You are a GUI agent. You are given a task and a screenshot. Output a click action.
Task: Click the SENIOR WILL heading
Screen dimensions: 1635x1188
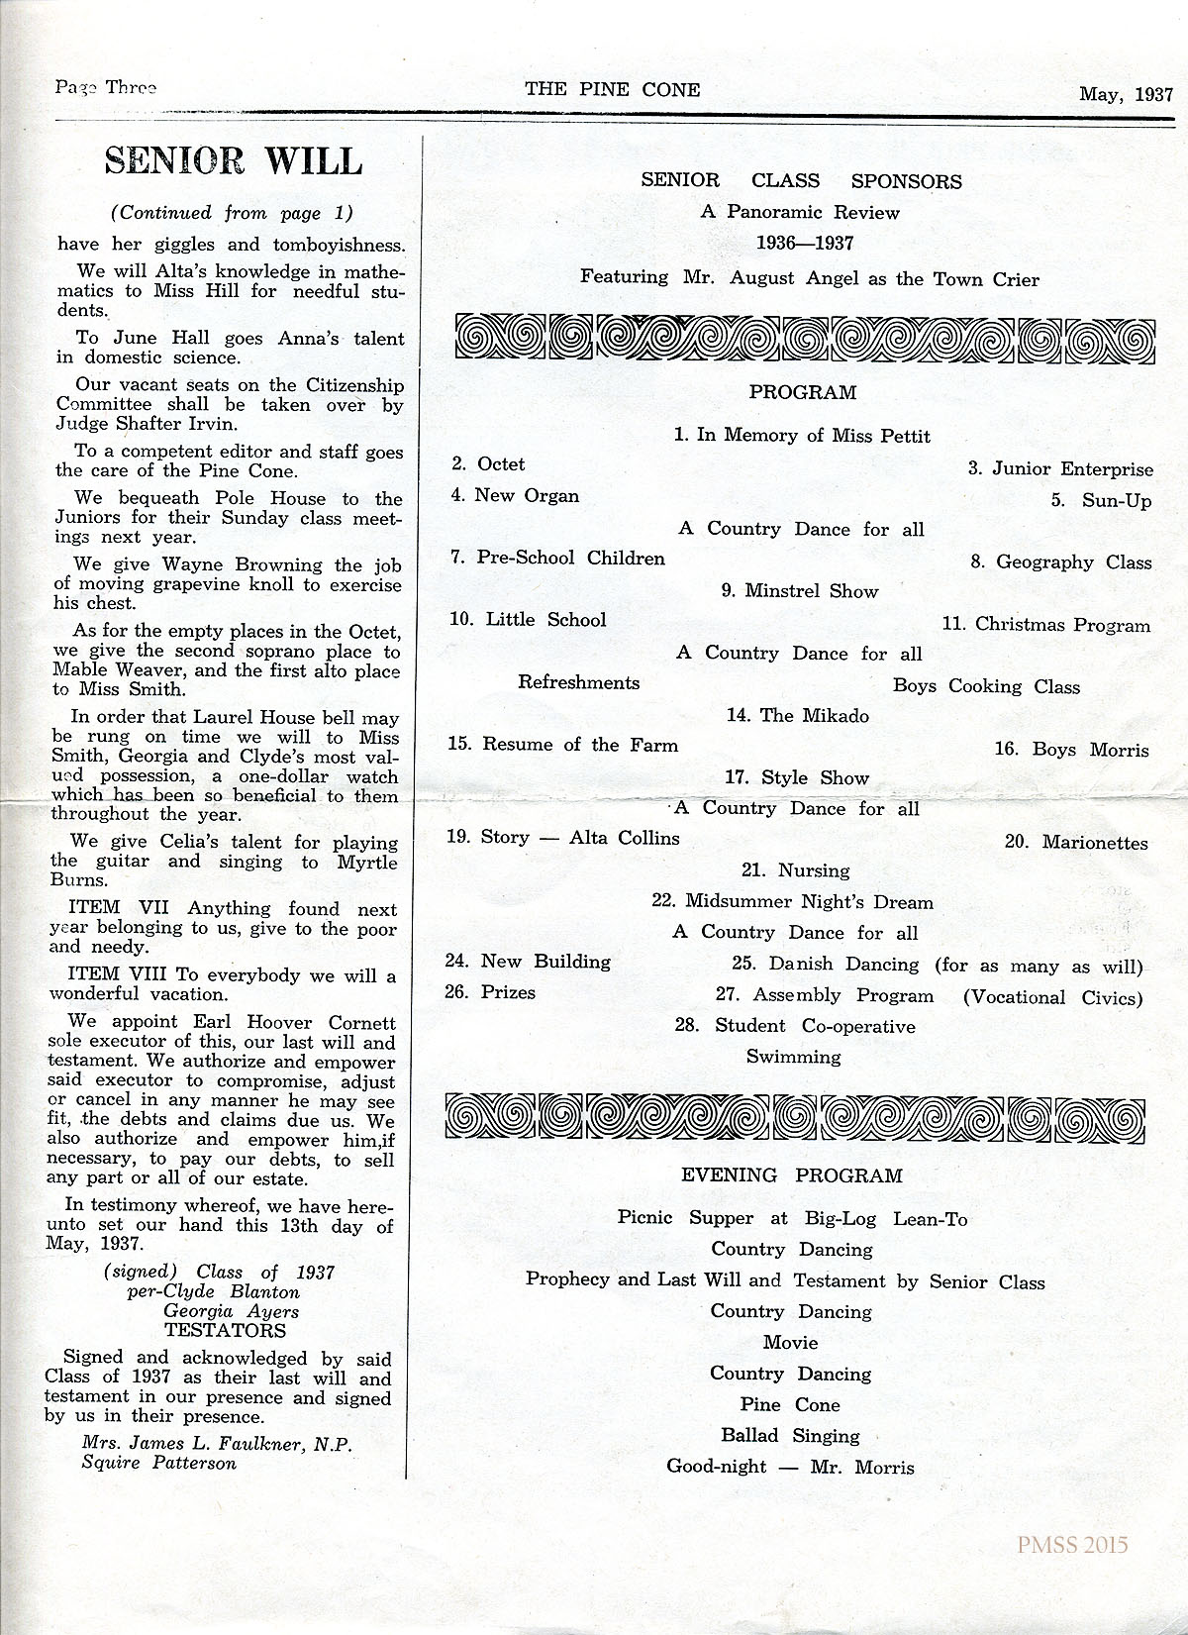point(234,160)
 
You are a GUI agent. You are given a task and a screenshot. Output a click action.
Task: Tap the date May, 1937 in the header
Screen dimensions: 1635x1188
point(1126,95)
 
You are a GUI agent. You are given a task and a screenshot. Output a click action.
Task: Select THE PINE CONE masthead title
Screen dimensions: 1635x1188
point(612,89)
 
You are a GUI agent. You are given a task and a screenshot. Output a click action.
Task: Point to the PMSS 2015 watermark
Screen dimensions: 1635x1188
point(1070,1544)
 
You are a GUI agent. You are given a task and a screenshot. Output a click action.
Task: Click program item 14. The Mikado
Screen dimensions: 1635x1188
point(797,715)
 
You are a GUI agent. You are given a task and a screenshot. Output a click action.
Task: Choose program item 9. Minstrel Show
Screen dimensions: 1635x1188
point(800,591)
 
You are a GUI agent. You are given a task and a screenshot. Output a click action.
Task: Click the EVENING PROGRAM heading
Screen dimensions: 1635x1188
point(792,1175)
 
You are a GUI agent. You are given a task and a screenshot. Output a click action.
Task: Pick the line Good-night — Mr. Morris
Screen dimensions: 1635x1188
point(790,1467)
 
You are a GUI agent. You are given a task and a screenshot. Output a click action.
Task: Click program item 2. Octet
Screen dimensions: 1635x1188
point(488,464)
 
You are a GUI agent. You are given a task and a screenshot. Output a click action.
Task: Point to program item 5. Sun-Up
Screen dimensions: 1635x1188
point(1101,500)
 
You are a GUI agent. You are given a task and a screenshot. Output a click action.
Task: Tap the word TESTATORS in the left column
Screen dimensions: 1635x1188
point(225,1331)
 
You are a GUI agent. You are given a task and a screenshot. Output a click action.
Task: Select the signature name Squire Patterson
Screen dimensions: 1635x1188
point(159,1462)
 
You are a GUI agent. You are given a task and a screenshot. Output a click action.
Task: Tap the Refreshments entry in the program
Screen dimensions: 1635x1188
point(578,682)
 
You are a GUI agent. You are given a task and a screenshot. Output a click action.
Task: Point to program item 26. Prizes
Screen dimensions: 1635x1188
point(490,992)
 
